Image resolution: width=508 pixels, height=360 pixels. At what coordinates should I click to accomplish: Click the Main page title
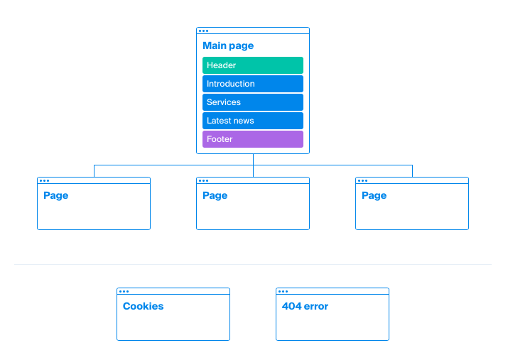point(228,46)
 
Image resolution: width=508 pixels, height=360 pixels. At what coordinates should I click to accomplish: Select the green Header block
point(253,65)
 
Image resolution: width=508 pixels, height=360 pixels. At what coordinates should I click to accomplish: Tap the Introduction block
point(253,84)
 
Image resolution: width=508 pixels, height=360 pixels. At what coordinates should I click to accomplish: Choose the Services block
point(253,102)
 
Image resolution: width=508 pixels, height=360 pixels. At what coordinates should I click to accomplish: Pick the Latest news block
point(253,121)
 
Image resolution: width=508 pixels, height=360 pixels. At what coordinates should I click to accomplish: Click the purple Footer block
point(253,139)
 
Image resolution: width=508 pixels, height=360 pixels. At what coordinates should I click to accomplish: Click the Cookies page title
point(144,306)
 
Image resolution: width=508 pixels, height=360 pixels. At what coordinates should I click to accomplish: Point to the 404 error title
point(305,306)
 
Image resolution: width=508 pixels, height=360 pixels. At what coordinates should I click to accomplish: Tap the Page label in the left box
point(55,196)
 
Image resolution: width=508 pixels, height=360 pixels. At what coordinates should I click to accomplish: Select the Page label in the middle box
point(215,196)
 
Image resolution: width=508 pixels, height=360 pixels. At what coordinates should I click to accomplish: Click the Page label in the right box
point(374,196)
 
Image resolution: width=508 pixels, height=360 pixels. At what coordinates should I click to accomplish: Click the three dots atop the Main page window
point(203,31)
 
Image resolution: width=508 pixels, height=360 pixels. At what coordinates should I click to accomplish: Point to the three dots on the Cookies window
point(124,291)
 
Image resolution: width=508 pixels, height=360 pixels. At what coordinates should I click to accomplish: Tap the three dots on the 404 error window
point(283,291)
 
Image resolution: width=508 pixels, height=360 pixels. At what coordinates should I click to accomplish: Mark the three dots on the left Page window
point(44,180)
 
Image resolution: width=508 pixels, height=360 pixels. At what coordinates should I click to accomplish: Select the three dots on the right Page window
point(362,180)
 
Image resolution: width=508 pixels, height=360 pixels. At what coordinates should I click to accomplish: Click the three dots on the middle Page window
point(203,180)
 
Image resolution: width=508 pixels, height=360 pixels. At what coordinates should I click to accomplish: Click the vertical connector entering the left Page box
point(94,171)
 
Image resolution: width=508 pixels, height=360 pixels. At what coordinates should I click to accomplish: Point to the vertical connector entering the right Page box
point(412,171)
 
